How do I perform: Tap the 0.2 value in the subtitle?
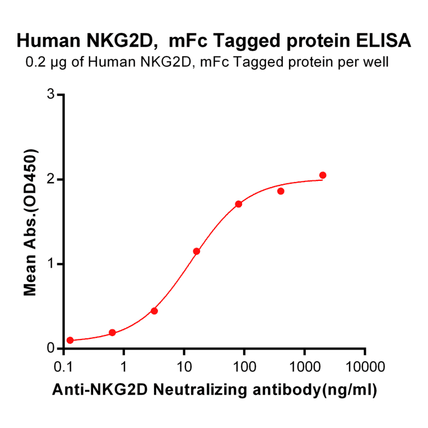pyautogui.click(x=35, y=62)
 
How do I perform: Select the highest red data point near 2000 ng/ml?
pyautogui.click(x=323, y=175)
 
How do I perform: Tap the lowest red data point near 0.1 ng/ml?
pyautogui.click(x=70, y=340)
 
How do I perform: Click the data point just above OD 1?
pyautogui.click(x=197, y=251)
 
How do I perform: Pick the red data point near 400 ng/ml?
pyautogui.click(x=281, y=191)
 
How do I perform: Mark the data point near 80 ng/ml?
pyautogui.click(x=239, y=204)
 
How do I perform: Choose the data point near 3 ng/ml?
pyautogui.click(x=155, y=311)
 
